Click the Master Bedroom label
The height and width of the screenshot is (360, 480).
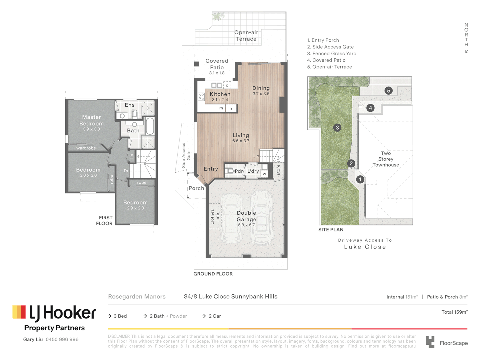pyautogui.click(x=91, y=120)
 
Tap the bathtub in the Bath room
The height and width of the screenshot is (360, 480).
pyautogui.click(x=150, y=126)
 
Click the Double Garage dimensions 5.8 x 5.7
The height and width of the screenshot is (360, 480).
pyautogui.click(x=246, y=225)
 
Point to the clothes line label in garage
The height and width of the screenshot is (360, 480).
pyautogui.click(x=215, y=217)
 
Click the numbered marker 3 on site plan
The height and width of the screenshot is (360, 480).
pyautogui.click(x=337, y=128)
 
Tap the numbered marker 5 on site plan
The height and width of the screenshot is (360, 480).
pyautogui.click(x=388, y=91)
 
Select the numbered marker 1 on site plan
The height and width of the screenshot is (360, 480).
pyautogui.click(x=360, y=180)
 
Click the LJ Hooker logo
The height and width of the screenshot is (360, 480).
pyautogui.click(x=54, y=313)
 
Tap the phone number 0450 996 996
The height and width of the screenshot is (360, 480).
pyautogui.click(x=62, y=339)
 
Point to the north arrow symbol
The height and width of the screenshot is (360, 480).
pyautogui.click(x=466, y=51)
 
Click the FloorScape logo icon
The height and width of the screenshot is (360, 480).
pyautogui.click(x=430, y=342)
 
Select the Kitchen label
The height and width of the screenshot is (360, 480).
pyautogui.click(x=220, y=94)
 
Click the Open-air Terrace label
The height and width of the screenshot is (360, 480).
pyautogui.click(x=246, y=36)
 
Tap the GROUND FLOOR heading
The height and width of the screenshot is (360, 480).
pyautogui.click(x=213, y=274)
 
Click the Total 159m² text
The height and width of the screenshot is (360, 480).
pyautogui.click(x=454, y=312)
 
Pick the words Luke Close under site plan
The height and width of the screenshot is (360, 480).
pyautogui.click(x=365, y=247)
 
